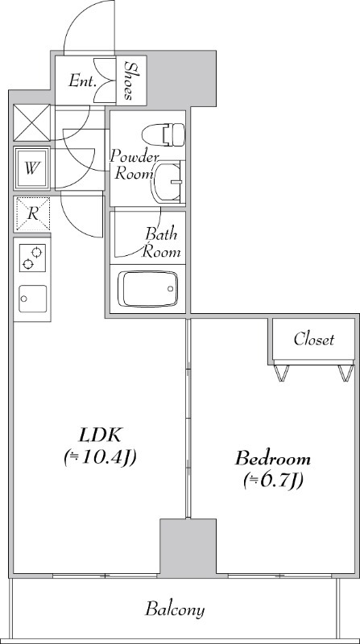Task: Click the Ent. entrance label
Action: [x=83, y=80]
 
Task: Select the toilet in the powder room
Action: [x=163, y=134]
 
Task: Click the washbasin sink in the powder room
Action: [x=167, y=182]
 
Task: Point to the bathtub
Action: [x=148, y=289]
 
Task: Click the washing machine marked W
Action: [x=32, y=168]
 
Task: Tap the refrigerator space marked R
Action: [x=32, y=213]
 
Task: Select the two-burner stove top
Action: [x=32, y=258]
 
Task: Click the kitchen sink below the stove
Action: [x=32, y=299]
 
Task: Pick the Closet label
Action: [x=314, y=339]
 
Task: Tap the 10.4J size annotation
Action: [x=100, y=457]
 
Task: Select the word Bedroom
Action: [x=272, y=458]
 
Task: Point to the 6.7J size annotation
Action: [x=273, y=480]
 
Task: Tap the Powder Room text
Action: [x=134, y=165]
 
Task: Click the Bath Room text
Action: [x=161, y=243]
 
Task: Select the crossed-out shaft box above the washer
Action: [x=31, y=123]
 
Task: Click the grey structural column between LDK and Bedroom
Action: [x=188, y=548]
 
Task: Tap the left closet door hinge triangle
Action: [x=282, y=373]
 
